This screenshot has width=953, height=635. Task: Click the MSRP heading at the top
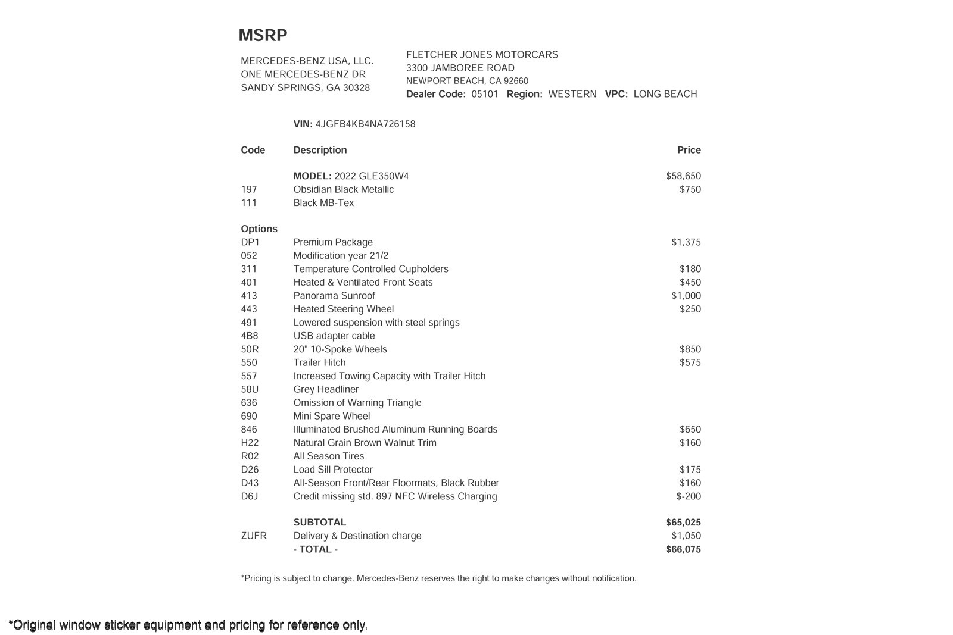point(263,36)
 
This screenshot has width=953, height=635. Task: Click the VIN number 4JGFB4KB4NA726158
point(365,124)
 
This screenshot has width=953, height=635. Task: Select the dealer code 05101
point(484,94)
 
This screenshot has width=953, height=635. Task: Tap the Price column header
point(689,150)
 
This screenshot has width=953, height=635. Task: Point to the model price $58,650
point(683,176)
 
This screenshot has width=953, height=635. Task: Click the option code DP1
point(250,242)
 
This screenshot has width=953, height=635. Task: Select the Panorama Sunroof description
point(334,296)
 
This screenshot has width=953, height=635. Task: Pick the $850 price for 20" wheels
point(690,349)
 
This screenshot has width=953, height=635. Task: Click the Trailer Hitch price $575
point(690,362)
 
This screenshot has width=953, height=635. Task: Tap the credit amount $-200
point(689,496)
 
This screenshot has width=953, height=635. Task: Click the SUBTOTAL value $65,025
point(683,523)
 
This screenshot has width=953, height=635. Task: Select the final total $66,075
point(683,549)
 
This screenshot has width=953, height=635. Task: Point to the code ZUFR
point(254,536)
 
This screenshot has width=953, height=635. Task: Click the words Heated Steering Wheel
point(343,309)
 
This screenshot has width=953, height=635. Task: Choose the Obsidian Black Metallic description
point(343,189)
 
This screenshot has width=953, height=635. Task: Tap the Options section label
point(259,229)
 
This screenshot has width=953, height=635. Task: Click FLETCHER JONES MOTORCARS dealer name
point(482,55)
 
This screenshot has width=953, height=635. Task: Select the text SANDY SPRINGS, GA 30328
point(305,87)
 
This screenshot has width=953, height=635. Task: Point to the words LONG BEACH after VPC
point(665,94)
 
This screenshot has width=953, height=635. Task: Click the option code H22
point(250,443)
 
